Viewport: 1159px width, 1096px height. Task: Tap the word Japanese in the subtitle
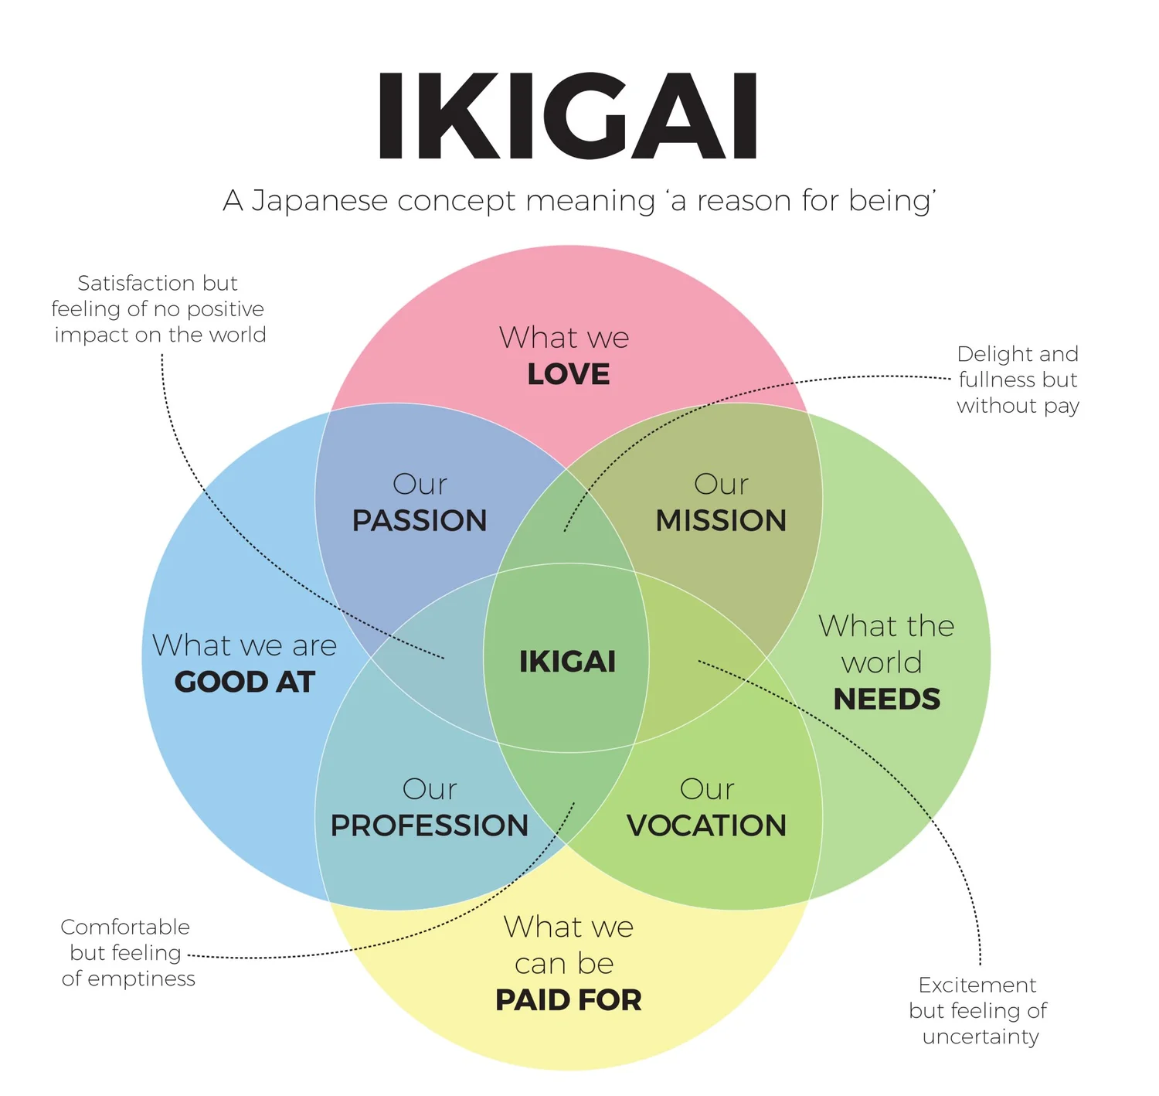[320, 201]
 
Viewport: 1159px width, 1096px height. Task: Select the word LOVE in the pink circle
[569, 375]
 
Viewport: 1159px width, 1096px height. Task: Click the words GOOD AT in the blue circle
[245, 682]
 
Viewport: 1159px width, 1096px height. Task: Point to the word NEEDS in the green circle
[887, 699]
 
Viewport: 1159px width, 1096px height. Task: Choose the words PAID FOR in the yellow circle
[569, 1000]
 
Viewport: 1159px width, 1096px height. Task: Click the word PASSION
[420, 521]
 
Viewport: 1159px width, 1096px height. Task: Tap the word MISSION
[721, 521]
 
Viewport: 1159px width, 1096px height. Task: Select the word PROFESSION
[430, 826]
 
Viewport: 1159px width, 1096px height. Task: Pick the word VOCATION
[706, 826]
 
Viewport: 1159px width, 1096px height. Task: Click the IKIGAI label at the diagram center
[568, 662]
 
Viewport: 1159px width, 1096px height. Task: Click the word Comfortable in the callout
[125, 927]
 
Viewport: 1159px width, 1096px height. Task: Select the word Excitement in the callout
[977, 985]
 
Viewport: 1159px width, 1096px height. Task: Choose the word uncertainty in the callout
[981, 1036]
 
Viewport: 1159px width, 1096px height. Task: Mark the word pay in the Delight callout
[1062, 407]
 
